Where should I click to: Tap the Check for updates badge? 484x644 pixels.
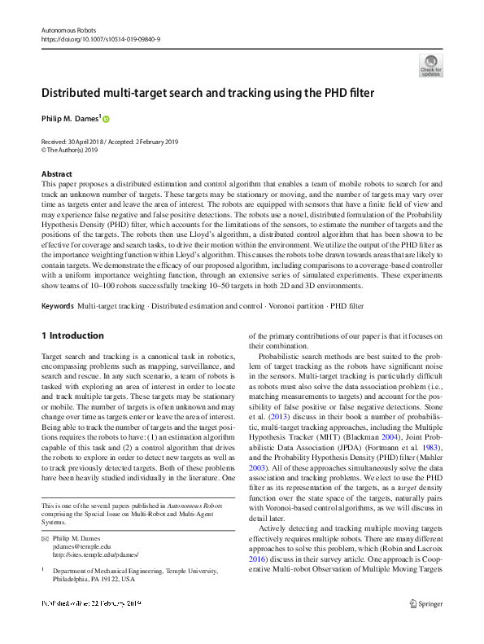tap(430, 66)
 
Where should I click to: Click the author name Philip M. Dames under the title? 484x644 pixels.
tap(69, 119)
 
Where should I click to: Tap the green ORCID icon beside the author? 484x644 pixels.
tap(105, 119)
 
